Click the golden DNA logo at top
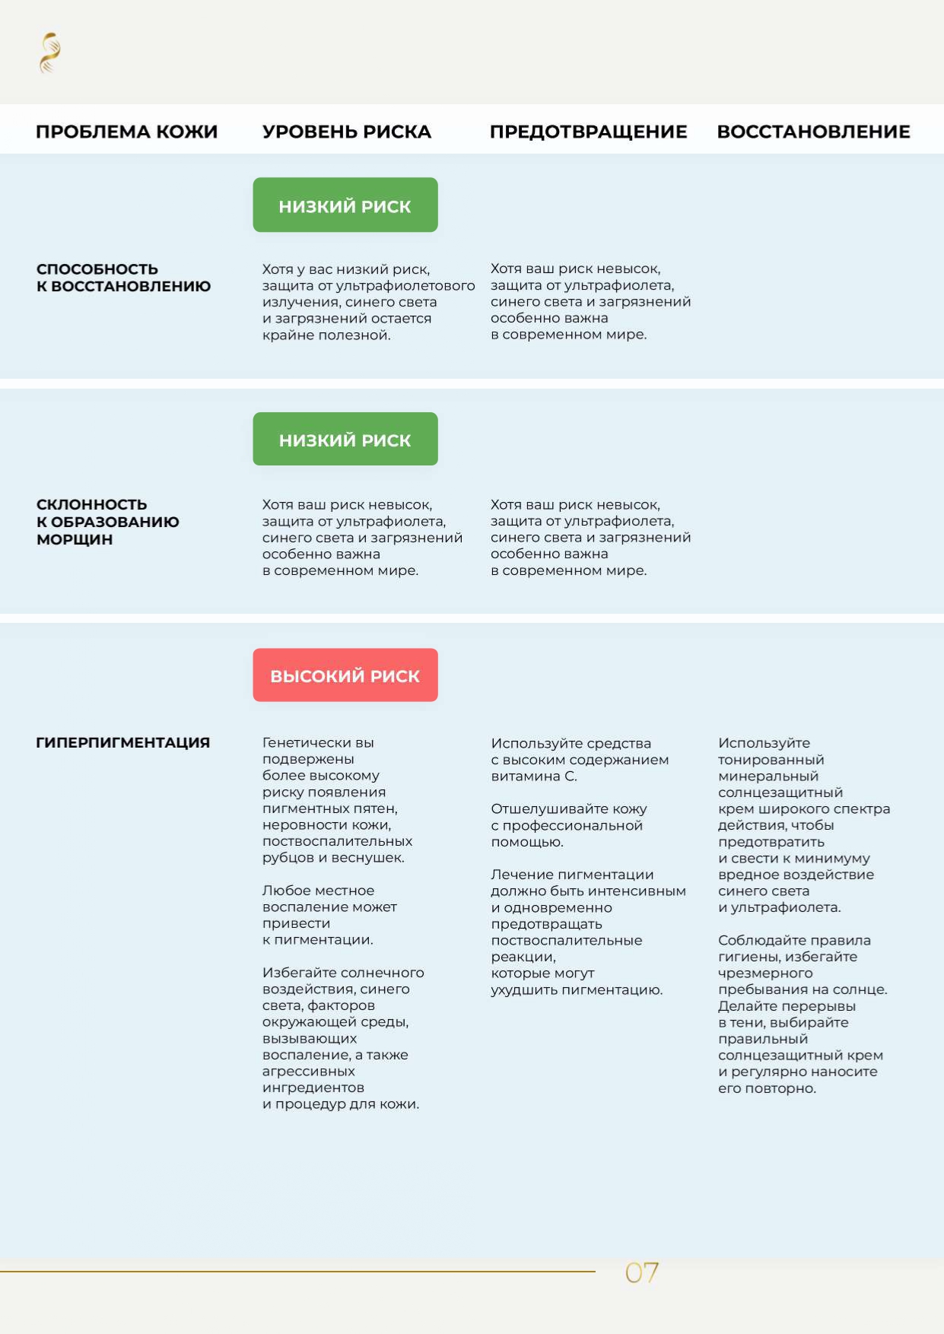(x=49, y=53)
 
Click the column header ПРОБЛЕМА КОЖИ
(x=126, y=132)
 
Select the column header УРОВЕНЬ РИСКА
(x=346, y=132)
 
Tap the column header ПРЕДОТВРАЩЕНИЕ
(x=588, y=132)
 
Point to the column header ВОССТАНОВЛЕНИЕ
(x=813, y=132)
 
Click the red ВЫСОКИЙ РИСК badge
(x=345, y=675)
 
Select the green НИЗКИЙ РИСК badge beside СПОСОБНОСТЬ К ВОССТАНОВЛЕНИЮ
(x=345, y=205)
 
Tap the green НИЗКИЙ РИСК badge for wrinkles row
(x=345, y=440)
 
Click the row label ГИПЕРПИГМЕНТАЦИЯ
(x=122, y=742)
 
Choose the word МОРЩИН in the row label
(x=75, y=539)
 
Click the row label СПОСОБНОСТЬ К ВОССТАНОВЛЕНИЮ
(x=123, y=278)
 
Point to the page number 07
(x=641, y=1272)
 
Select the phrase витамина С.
(x=534, y=777)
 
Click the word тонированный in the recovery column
(x=771, y=760)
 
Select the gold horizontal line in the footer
(x=297, y=1271)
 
